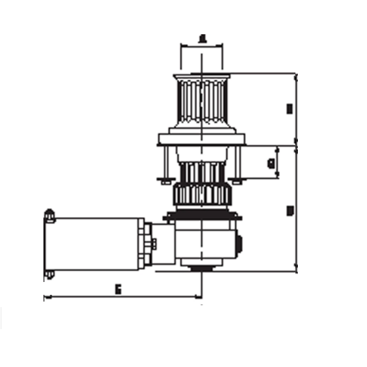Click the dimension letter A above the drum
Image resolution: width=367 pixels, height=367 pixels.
pyautogui.click(x=202, y=39)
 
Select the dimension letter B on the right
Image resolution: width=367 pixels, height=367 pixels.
pyautogui.click(x=289, y=109)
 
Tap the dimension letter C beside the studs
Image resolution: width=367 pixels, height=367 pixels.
pyautogui.click(x=270, y=163)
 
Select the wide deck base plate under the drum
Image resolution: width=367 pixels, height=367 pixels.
pyautogui.click(x=202, y=139)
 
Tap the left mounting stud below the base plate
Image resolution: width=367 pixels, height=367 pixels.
pyautogui.click(x=165, y=162)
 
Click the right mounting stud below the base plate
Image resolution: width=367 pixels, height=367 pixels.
pyautogui.click(x=237, y=162)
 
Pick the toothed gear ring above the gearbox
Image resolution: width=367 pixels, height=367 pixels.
pyautogui.click(x=202, y=195)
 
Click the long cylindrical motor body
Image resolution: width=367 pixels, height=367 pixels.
pyautogui.click(x=95, y=243)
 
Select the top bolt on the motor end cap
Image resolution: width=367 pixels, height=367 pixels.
pyautogui.click(x=50, y=215)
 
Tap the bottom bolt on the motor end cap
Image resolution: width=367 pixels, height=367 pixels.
pyautogui.click(x=50, y=274)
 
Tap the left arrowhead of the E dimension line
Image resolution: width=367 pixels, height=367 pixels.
pyautogui.click(x=46, y=298)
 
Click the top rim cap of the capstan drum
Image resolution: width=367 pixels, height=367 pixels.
pyautogui.click(x=202, y=76)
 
